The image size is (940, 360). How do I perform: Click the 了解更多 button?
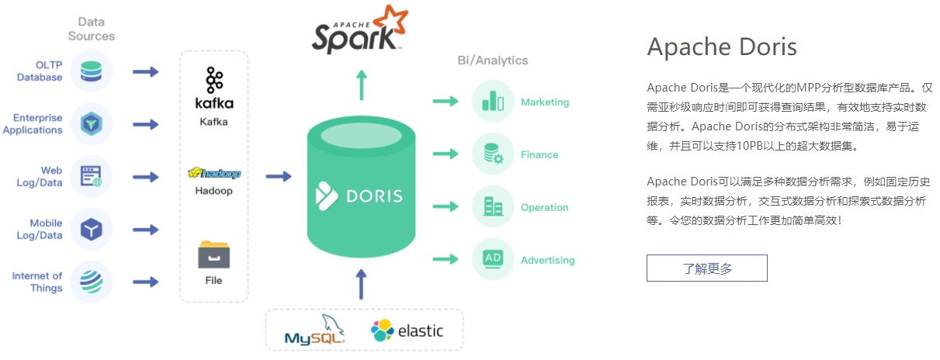(706, 268)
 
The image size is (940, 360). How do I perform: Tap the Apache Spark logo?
(360, 29)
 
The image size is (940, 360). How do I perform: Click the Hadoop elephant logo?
(214, 172)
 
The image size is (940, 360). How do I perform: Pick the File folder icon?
(214, 254)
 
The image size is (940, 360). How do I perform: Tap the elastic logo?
(407, 331)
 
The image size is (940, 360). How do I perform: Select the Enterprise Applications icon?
(92, 124)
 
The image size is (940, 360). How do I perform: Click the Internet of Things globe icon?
(92, 282)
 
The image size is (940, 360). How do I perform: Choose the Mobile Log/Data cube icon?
(92, 230)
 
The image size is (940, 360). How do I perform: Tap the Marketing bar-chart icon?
(493, 102)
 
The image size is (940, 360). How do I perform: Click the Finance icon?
(493, 154)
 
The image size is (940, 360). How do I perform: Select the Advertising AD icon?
(493, 259)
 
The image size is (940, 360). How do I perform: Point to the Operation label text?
(544, 208)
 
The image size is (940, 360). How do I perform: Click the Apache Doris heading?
(721, 47)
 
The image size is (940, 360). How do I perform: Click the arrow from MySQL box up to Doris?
(360, 284)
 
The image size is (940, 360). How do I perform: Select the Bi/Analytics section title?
(493, 61)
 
